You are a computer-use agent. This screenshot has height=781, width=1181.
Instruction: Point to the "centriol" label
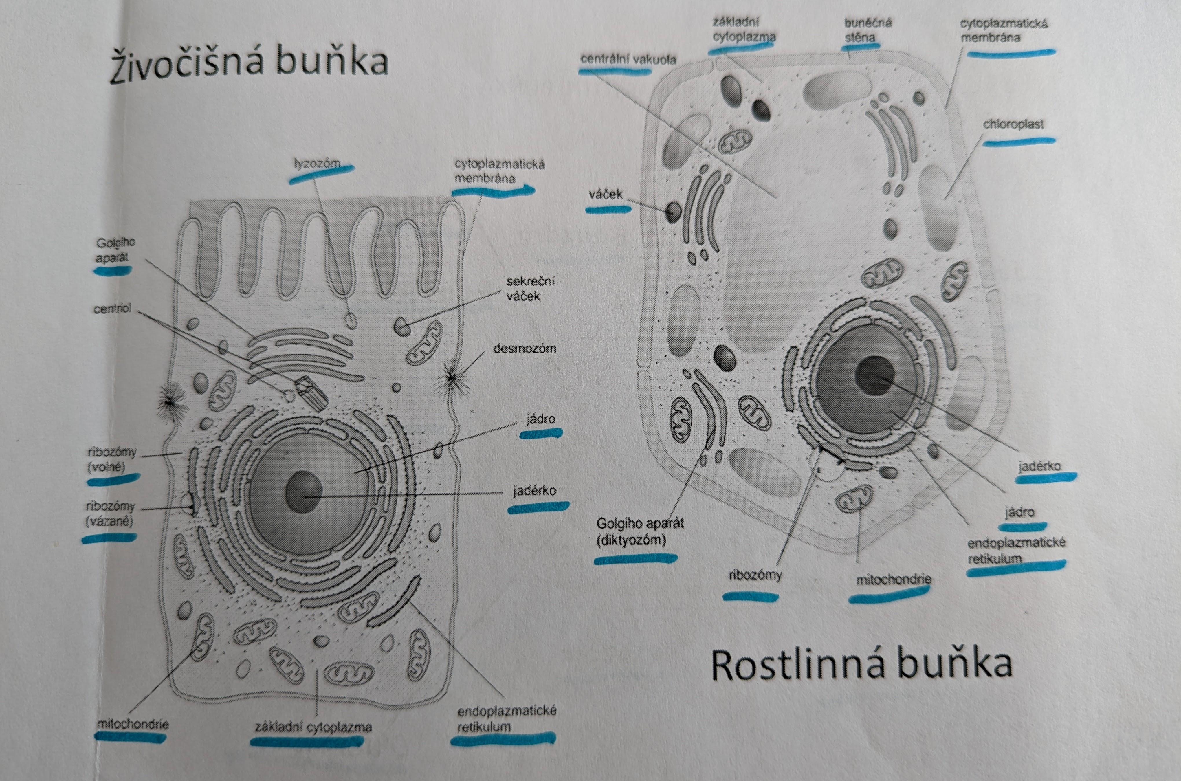click(113, 309)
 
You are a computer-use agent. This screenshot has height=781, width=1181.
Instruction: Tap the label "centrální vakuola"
click(628, 60)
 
